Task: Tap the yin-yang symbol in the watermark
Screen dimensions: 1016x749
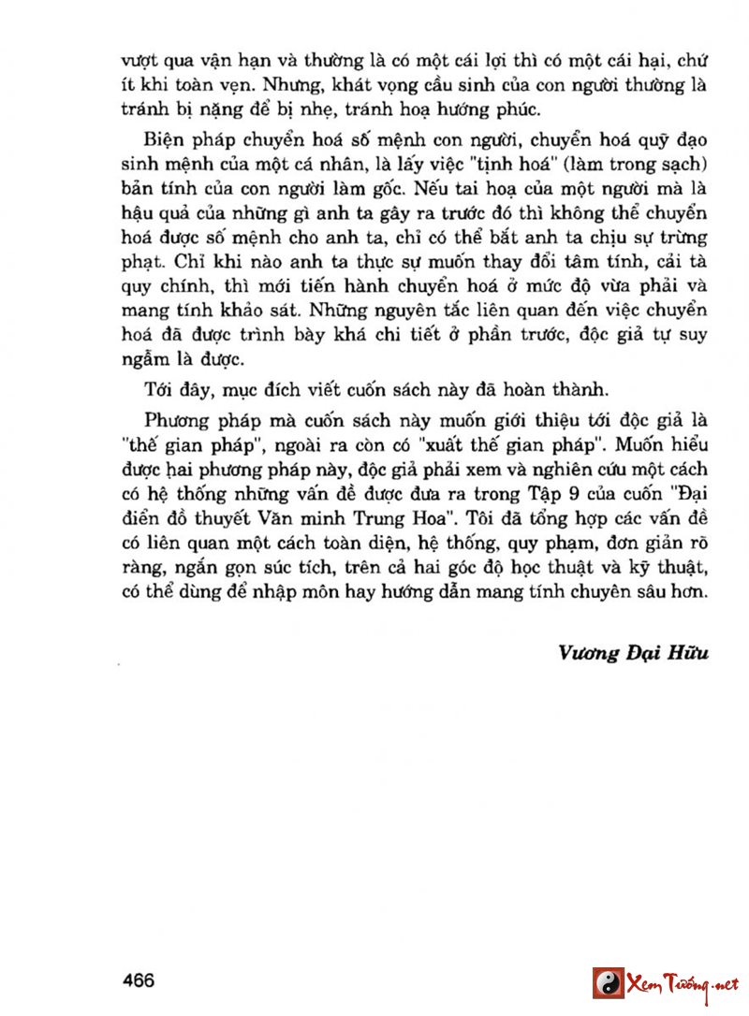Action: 609,983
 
